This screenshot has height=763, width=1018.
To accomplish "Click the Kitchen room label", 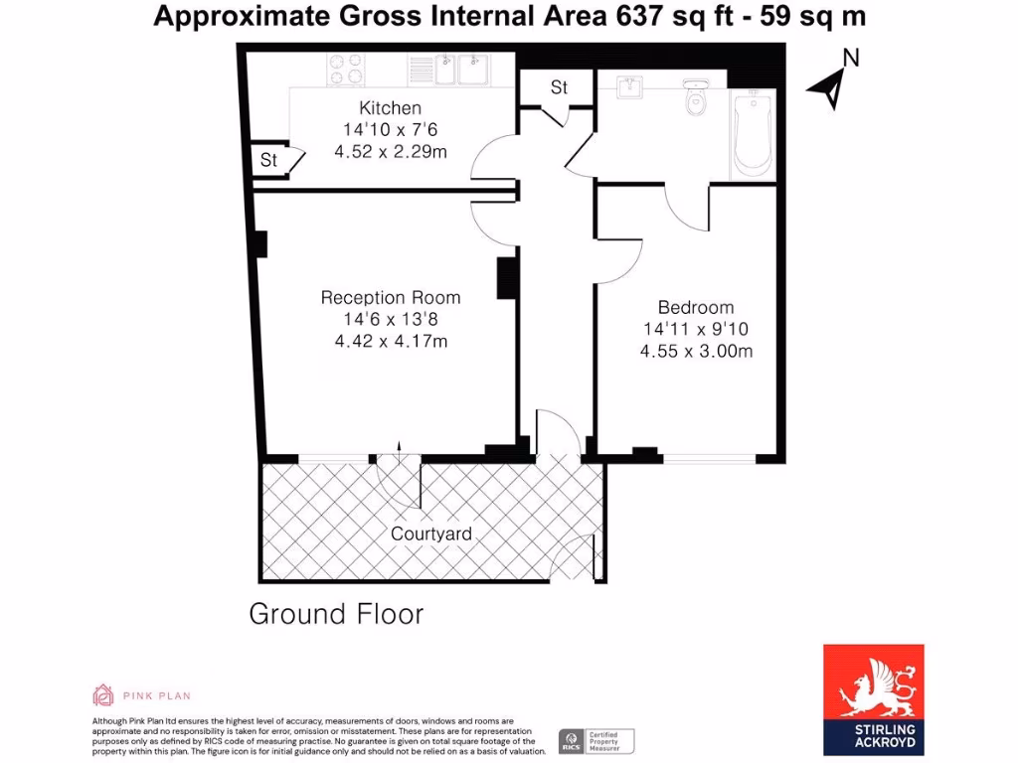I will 390,108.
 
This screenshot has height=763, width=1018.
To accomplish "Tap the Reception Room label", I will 391,297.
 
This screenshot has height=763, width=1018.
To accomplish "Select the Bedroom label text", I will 696,307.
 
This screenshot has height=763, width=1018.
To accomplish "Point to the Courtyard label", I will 430,534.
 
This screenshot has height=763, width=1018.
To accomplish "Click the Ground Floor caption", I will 336,614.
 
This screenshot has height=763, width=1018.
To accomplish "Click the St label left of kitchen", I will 268,160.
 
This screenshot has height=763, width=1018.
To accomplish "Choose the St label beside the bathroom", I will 559,87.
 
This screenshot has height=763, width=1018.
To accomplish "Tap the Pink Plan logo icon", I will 103,694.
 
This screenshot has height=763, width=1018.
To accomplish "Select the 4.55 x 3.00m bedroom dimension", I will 696,351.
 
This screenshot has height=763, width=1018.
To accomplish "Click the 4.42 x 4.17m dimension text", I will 391,342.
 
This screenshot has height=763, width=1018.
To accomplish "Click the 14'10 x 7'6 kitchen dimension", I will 390,130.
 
